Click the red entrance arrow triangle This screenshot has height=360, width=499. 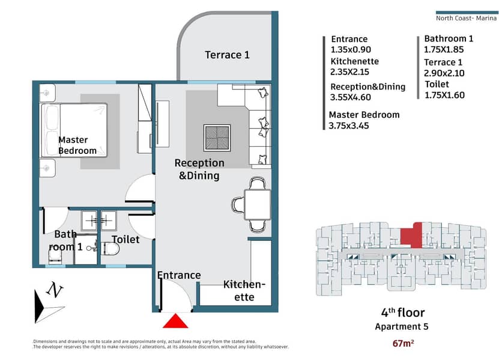(x=175, y=321)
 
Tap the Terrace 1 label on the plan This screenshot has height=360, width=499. (x=227, y=55)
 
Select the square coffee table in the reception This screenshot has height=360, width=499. (x=217, y=138)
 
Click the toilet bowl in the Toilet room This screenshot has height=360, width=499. (x=111, y=249)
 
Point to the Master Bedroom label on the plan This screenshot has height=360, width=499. (x=77, y=145)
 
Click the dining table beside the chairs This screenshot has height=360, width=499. (x=258, y=204)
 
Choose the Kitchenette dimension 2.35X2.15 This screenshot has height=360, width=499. (x=349, y=72)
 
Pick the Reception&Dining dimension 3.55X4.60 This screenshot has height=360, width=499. (x=351, y=97)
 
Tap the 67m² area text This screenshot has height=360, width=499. (x=403, y=343)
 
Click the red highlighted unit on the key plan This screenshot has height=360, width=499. (x=411, y=236)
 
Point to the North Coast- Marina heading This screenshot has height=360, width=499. (x=466, y=18)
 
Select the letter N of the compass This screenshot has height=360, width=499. (x=55, y=290)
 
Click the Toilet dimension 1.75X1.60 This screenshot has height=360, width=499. (x=444, y=95)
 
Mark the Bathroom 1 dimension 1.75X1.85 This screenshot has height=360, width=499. (x=444, y=49)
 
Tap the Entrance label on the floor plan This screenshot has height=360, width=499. (x=179, y=275)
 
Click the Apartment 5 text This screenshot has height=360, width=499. (x=402, y=326)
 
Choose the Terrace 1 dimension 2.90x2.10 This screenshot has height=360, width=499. (x=444, y=73)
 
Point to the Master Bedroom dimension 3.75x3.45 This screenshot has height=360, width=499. (x=349, y=126)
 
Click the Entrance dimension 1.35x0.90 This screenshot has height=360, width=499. (x=351, y=49)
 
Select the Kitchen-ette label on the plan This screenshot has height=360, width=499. (x=244, y=290)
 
